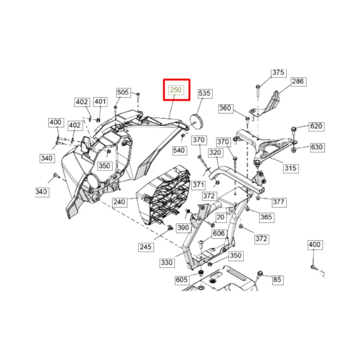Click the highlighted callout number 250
click(176, 90)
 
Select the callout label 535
click(204, 93)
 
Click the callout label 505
click(123, 92)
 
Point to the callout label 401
click(100, 102)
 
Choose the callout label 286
click(298, 81)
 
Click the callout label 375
click(278, 72)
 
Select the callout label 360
click(225, 108)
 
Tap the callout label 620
click(316, 126)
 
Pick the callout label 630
click(317, 147)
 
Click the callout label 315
click(291, 168)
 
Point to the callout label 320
click(215, 153)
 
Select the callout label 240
click(120, 202)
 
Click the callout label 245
click(146, 247)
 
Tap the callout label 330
click(167, 263)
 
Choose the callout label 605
click(182, 280)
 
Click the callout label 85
click(277, 280)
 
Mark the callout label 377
click(279, 202)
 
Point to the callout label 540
click(179, 151)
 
